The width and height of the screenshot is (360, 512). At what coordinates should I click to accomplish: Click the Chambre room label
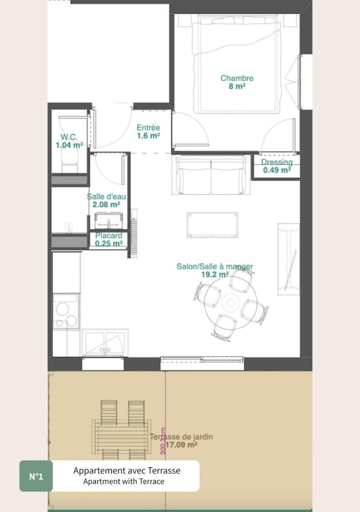(237, 78)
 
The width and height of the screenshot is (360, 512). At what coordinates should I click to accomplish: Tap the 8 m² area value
(237, 86)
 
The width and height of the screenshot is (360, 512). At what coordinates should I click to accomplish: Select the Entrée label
(148, 128)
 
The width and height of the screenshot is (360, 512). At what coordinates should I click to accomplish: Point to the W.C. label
(69, 137)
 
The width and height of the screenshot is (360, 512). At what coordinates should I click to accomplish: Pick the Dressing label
(277, 162)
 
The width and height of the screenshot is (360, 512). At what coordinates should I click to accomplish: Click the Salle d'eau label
(106, 196)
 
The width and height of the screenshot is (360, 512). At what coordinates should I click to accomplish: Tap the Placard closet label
(108, 236)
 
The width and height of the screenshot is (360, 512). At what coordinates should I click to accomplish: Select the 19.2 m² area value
(215, 274)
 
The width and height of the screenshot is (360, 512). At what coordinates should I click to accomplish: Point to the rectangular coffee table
(212, 225)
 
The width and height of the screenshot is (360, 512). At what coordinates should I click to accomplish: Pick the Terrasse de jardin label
(181, 437)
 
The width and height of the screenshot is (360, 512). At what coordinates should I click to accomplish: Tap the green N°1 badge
(36, 476)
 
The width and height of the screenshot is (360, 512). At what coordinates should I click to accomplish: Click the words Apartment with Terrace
(124, 482)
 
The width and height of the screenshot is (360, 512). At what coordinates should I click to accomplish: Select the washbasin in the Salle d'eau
(108, 221)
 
